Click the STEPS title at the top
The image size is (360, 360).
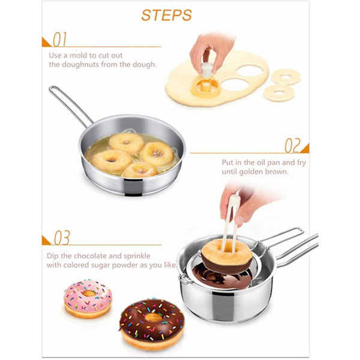click(166, 16)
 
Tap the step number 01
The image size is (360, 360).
click(60, 40)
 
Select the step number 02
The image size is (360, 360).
click(293, 146)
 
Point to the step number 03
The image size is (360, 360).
click(62, 238)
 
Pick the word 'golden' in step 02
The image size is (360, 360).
click(251, 172)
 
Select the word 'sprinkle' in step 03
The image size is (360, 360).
click(137, 256)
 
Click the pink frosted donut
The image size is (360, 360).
click(88, 298)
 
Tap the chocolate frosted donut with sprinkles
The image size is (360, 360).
click(152, 324)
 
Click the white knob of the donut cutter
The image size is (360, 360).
click(206, 70)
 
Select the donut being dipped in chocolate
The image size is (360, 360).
click(227, 256)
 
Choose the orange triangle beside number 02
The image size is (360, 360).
click(306, 149)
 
